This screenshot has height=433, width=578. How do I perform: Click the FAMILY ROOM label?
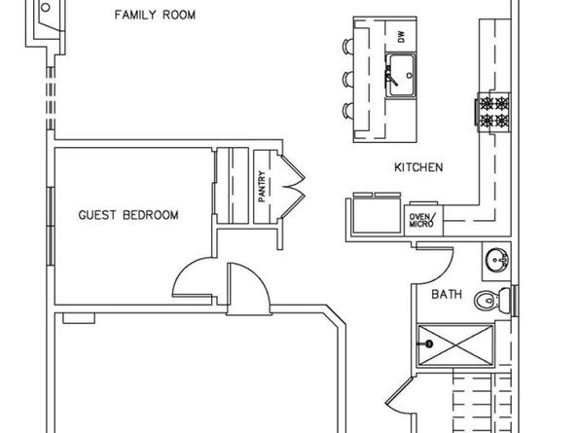coord(155,16)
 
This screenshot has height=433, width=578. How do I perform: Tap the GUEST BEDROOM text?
coord(128,215)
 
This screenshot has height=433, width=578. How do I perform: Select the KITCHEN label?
coord(418,167)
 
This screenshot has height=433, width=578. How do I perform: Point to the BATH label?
coord(447,294)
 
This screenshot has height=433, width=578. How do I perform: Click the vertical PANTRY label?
coord(262,186)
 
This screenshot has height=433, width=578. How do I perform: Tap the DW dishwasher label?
coord(401,36)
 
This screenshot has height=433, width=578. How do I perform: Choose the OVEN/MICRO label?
coord(422,220)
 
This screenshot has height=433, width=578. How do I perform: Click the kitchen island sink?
coord(401,76)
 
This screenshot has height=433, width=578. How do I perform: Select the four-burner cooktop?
coord(493,112)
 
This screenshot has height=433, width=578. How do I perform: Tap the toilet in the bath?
coord(492,300)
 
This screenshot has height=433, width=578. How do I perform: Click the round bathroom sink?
coord(497,260)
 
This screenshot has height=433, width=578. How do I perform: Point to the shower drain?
coord(428,344)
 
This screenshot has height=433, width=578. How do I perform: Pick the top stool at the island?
coord(348,46)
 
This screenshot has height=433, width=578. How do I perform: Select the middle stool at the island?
coord(348,79)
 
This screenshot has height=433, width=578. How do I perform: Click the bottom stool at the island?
coord(348,111)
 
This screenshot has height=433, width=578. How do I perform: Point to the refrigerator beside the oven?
coord(377,214)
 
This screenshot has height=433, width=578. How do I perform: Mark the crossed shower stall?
coord(455,345)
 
